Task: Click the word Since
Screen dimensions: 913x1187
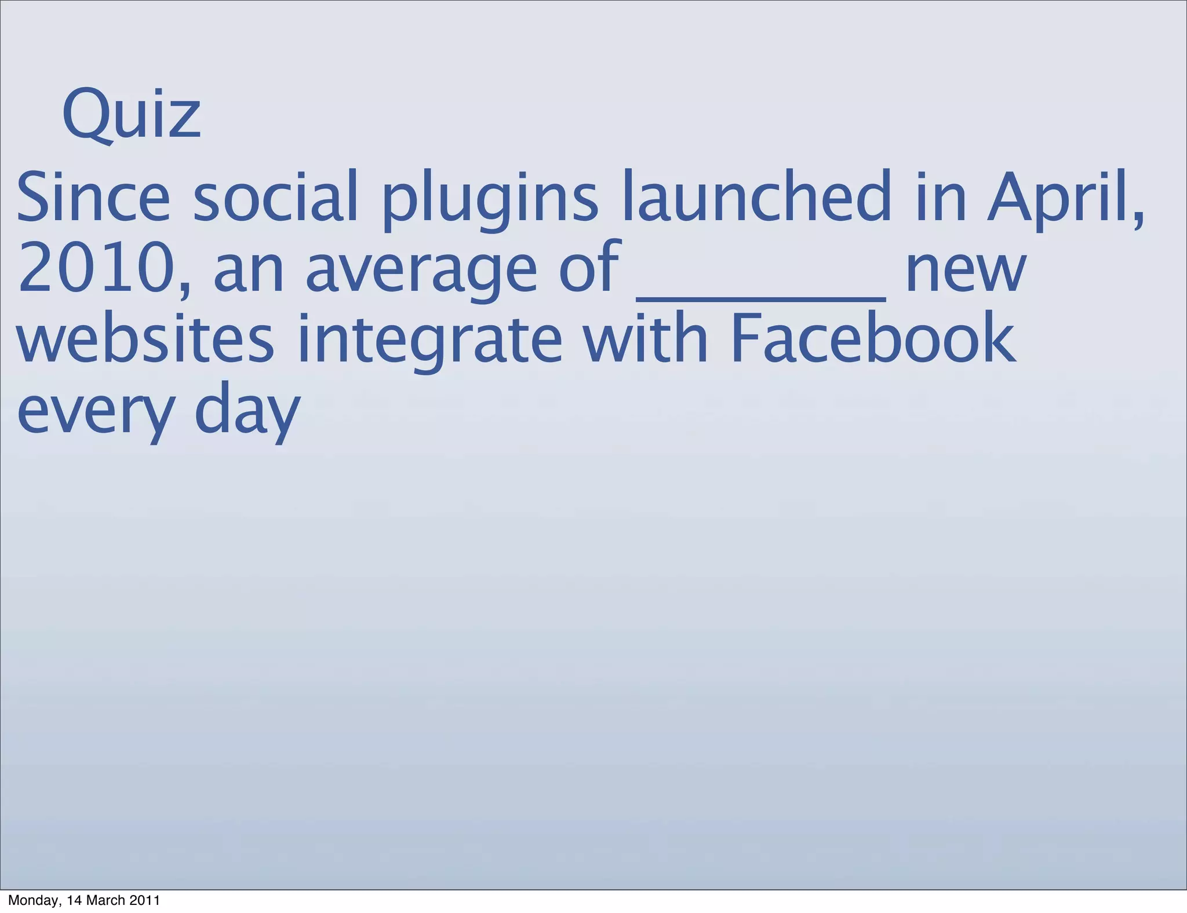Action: (93, 197)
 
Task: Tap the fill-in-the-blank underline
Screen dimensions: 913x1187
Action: (761, 297)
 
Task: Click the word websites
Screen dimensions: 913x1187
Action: (145, 339)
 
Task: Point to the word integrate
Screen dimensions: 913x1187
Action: (429, 342)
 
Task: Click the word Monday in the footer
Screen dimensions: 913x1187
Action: (32, 901)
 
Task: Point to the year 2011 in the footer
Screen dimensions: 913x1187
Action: (144, 900)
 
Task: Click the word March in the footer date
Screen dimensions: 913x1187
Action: (107, 900)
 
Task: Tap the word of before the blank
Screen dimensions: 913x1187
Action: (590, 268)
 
